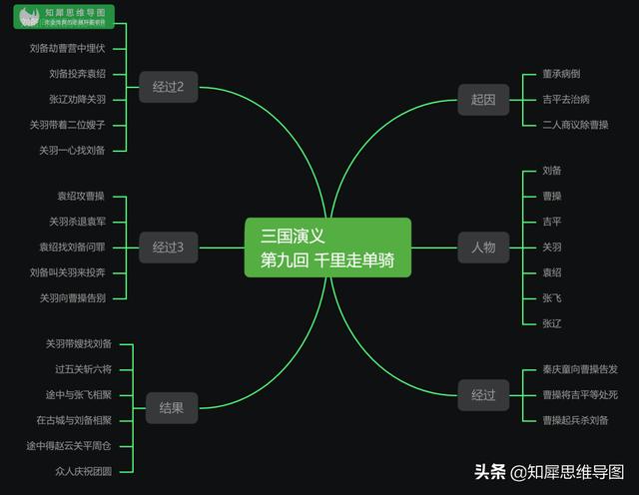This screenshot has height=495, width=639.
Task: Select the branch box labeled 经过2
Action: point(169,87)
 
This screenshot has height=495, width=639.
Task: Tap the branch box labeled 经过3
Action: point(169,247)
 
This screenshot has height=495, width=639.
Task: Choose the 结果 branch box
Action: point(172,407)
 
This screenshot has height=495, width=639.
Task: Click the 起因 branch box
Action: point(483,98)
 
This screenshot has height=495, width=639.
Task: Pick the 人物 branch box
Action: point(483,247)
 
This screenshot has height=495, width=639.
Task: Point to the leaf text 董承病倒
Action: point(561,74)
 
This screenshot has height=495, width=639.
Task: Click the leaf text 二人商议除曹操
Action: point(575,124)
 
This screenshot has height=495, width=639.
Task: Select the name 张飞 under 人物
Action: point(552,297)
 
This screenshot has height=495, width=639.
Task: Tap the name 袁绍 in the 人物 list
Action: point(552,272)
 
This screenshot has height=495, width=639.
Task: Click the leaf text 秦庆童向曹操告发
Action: point(580,369)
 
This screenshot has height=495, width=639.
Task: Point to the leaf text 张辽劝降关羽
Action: point(77,99)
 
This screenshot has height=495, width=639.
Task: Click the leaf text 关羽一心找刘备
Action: point(72,150)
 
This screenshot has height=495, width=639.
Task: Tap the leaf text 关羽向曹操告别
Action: point(72,297)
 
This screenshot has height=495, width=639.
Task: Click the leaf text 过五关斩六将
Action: point(84,369)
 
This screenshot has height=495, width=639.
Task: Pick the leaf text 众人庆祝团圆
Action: point(84,470)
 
